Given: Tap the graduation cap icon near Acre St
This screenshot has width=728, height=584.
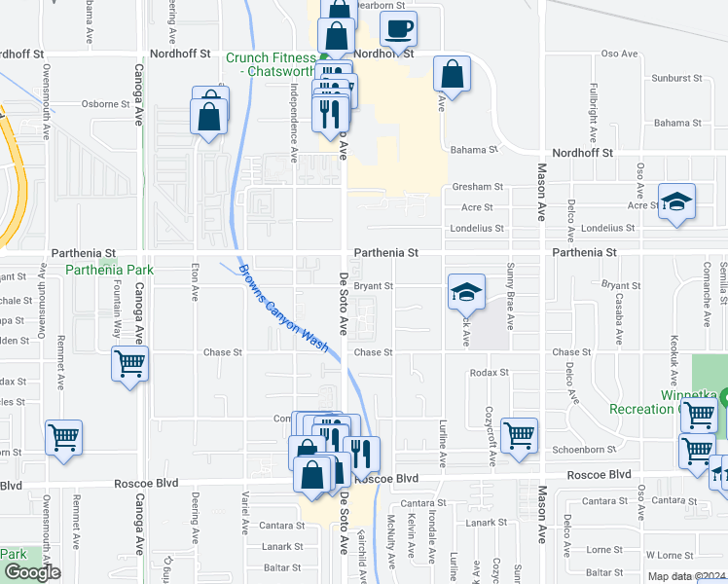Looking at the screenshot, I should (x=676, y=201).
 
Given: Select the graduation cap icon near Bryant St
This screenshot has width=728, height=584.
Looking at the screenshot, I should (x=466, y=291).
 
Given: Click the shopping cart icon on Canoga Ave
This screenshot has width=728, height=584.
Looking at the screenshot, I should (x=129, y=365).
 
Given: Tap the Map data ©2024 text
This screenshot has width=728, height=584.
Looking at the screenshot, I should (x=686, y=576).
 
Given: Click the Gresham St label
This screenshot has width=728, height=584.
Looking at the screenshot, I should (x=476, y=187).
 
